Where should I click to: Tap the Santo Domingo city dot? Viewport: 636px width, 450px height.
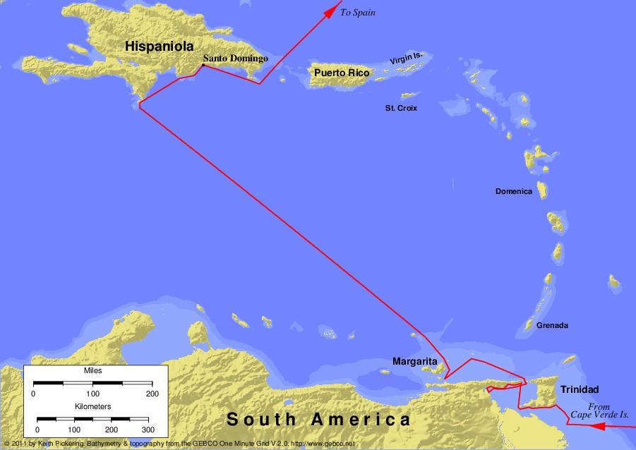click(x=203, y=66)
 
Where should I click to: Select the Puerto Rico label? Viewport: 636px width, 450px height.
click(x=342, y=73)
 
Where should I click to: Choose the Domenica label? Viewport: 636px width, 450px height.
click(x=513, y=191)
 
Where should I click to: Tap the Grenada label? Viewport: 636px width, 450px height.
click(x=552, y=325)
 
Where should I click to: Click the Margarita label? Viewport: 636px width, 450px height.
click(x=415, y=362)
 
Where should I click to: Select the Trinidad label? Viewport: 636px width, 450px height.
click(x=580, y=389)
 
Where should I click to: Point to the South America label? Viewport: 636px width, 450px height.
click(x=318, y=420)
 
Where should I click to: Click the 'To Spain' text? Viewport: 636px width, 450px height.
click(x=358, y=13)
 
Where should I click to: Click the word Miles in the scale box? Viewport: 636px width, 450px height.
click(x=92, y=370)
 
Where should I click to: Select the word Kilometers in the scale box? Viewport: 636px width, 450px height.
click(x=92, y=408)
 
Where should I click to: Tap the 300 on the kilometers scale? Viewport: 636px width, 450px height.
click(x=147, y=429)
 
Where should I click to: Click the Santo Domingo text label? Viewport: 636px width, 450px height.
click(x=235, y=59)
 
